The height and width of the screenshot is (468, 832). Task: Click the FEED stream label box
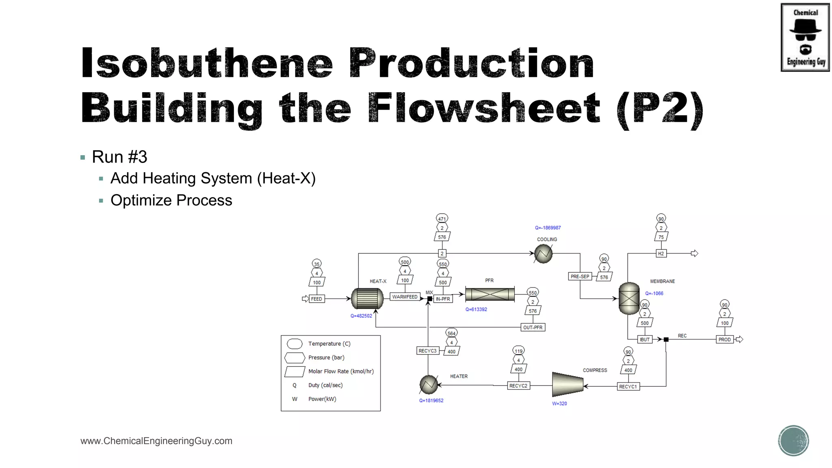click(x=316, y=299)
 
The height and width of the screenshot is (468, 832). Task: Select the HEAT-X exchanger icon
click(x=367, y=299)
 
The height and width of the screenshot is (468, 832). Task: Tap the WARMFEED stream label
click(x=405, y=297)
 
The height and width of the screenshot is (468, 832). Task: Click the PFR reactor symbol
click(x=490, y=294)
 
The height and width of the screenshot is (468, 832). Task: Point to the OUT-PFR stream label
click(x=533, y=327)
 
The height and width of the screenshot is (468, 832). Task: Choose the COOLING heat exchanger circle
click(x=543, y=254)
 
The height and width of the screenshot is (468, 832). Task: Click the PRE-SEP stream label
click(x=580, y=277)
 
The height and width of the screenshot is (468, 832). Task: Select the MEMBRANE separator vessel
click(x=629, y=299)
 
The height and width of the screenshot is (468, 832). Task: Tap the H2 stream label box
click(x=661, y=253)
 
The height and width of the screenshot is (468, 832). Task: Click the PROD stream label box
click(x=724, y=340)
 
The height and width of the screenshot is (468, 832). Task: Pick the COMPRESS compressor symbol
click(x=568, y=384)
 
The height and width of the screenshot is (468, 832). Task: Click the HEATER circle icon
click(x=429, y=384)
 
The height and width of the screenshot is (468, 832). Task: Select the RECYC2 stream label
click(x=518, y=386)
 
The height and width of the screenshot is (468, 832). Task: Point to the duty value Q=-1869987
click(x=548, y=228)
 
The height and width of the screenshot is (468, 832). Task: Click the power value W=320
click(x=559, y=404)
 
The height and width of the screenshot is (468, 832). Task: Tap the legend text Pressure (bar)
click(x=326, y=357)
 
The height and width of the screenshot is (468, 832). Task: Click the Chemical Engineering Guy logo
click(x=805, y=37)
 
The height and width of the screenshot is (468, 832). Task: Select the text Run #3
click(x=119, y=157)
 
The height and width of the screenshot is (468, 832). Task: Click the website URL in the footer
click(x=156, y=441)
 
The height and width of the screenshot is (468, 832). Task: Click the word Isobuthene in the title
click(x=207, y=63)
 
